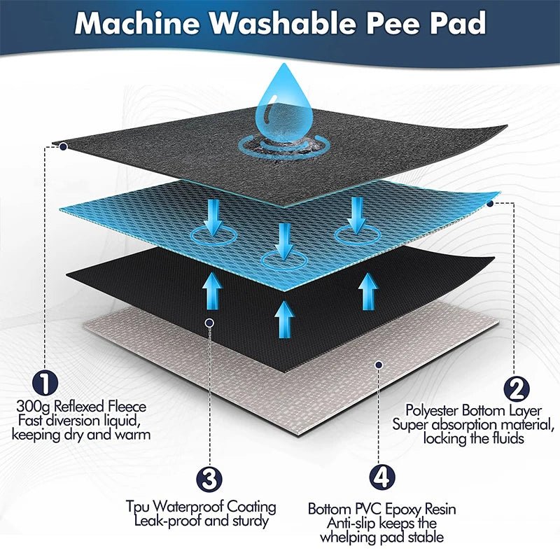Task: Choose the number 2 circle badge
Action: click(x=516, y=388)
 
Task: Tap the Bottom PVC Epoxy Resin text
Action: click(x=381, y=509)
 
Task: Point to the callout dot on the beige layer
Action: click(x=379, y=364)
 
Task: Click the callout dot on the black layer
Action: click(x=209, y=322)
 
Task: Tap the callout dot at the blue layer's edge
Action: click(x=490, y=203)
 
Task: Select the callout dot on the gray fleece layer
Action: click(x=63, y=146)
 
